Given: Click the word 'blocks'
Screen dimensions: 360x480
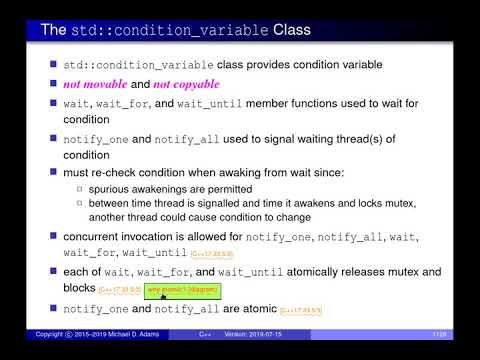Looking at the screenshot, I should (x=82, y=289).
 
